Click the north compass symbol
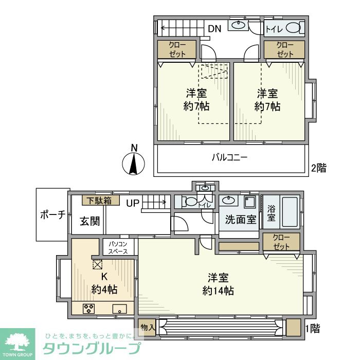click(x=133, y=164)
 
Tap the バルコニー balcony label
click(x=230, y=157)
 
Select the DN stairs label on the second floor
click(x=214, y=29)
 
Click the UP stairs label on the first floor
click(x=133, y=203)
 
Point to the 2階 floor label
click(x=318, y=168)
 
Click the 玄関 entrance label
click(x=89, y=222)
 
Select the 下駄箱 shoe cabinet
click(x=101, y=200)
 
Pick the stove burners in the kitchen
click(x=88, y=309)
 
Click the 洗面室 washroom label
click(x=241, y=220)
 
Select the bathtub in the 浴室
click(x=287, y=211)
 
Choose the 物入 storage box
click(x=147, y=327)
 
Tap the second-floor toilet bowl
click(x=293, y=28)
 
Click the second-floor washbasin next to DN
click(x=238, y=25)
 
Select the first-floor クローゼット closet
click(x=281, y=242)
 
